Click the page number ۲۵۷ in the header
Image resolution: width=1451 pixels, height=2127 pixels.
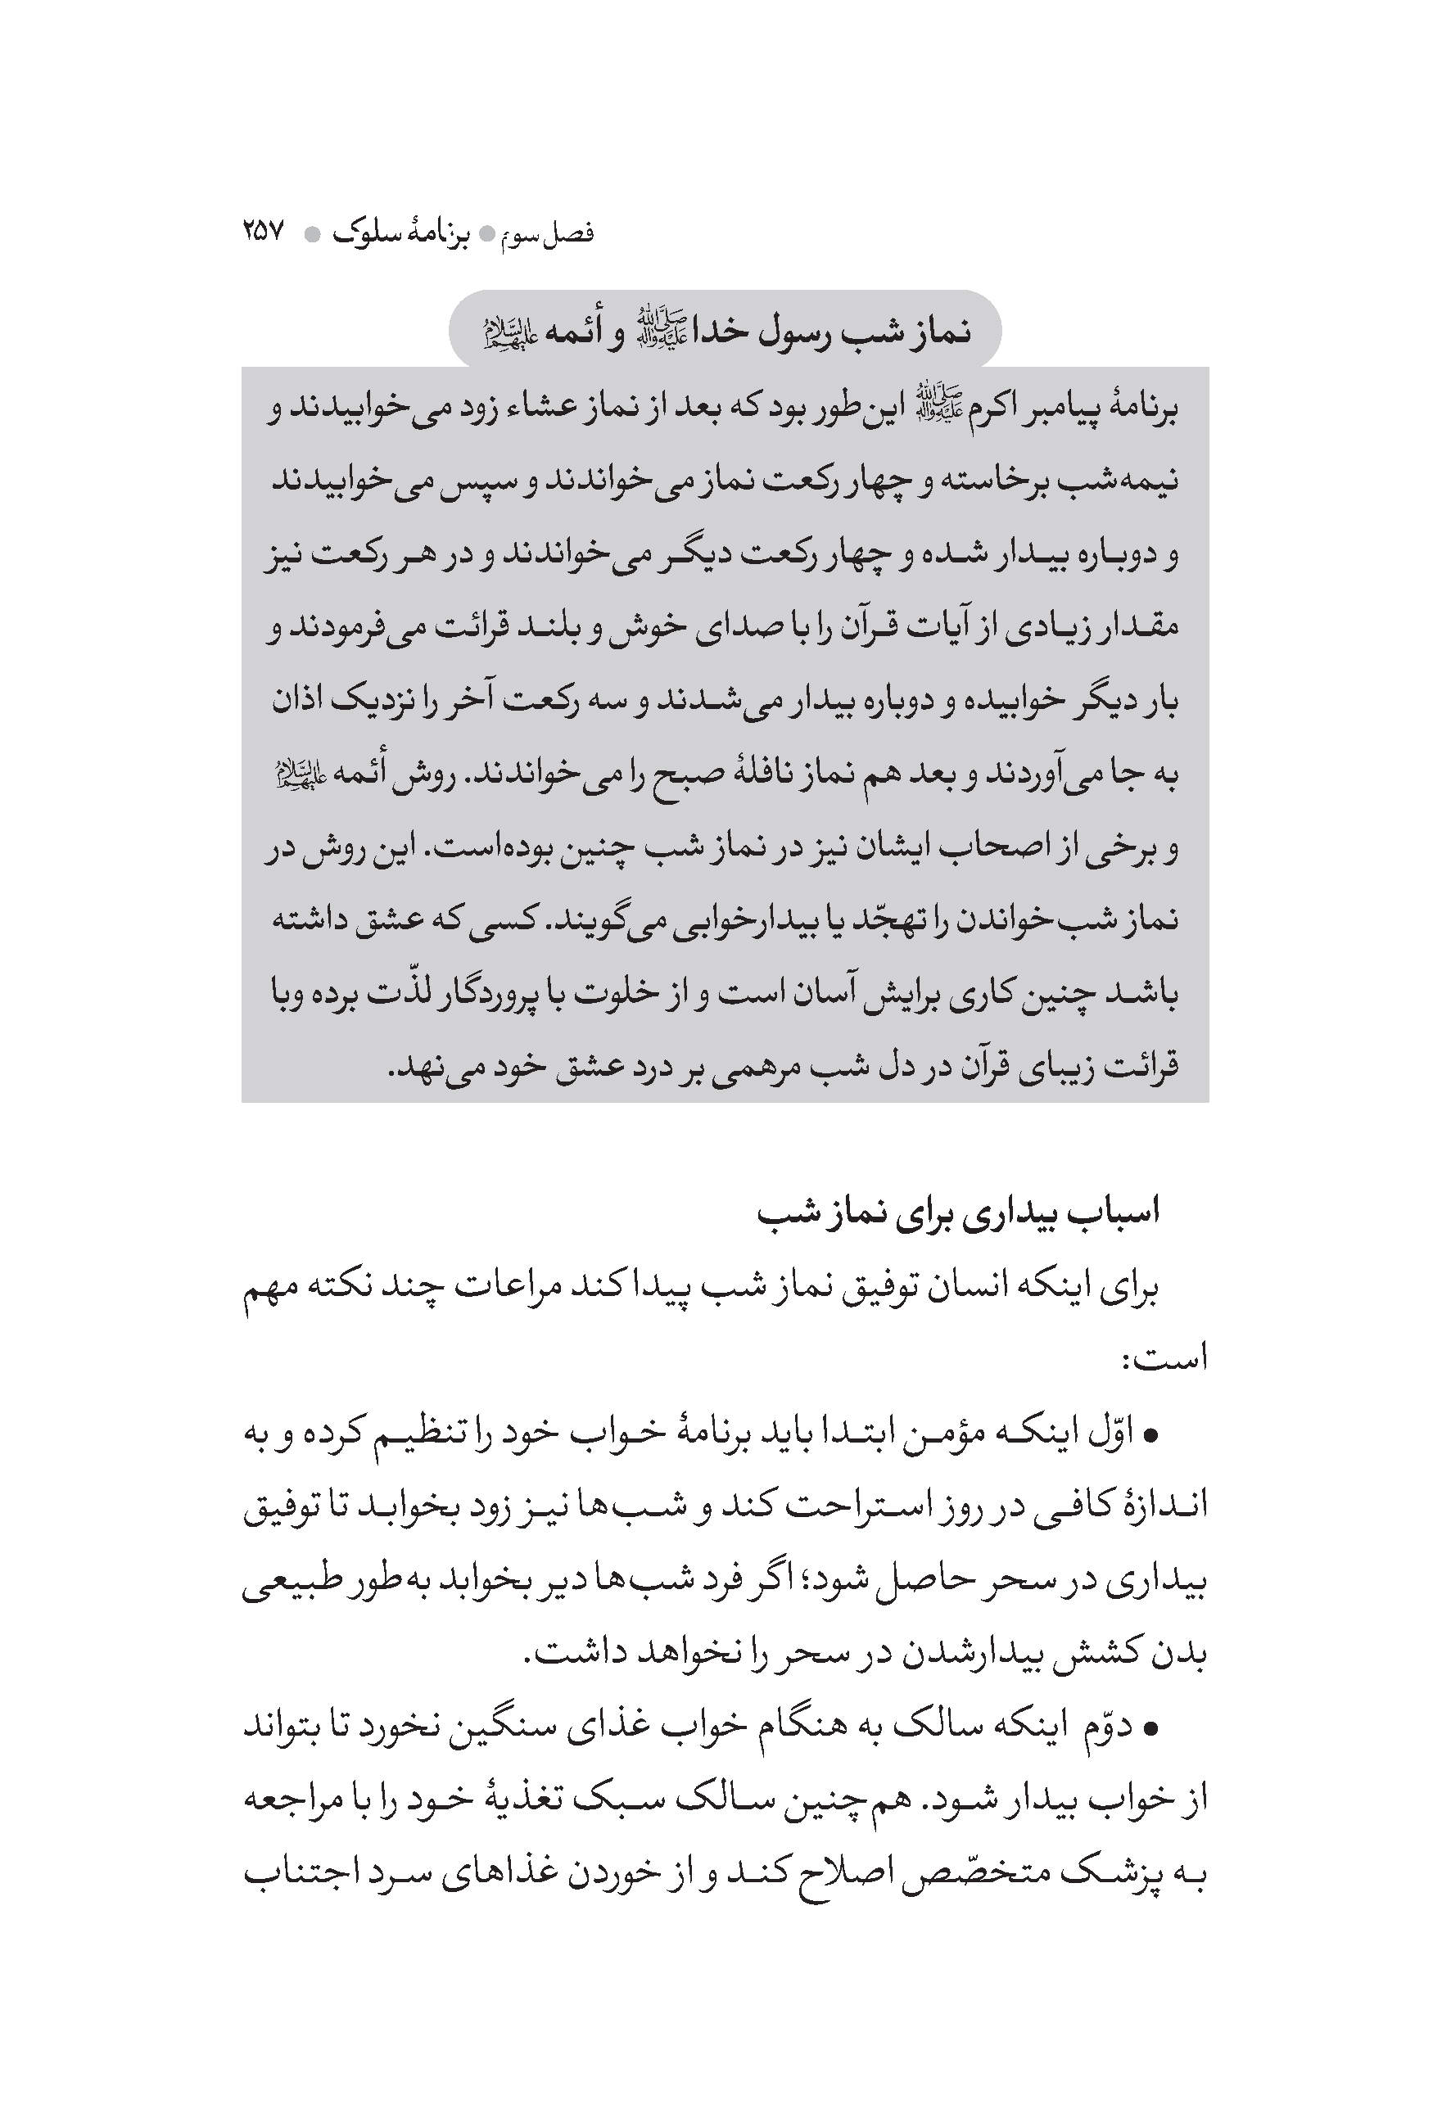coord(264,232)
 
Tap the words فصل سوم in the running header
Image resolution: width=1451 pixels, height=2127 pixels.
coord(550,233)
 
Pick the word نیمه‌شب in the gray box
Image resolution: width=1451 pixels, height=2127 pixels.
coord(1132,481)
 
